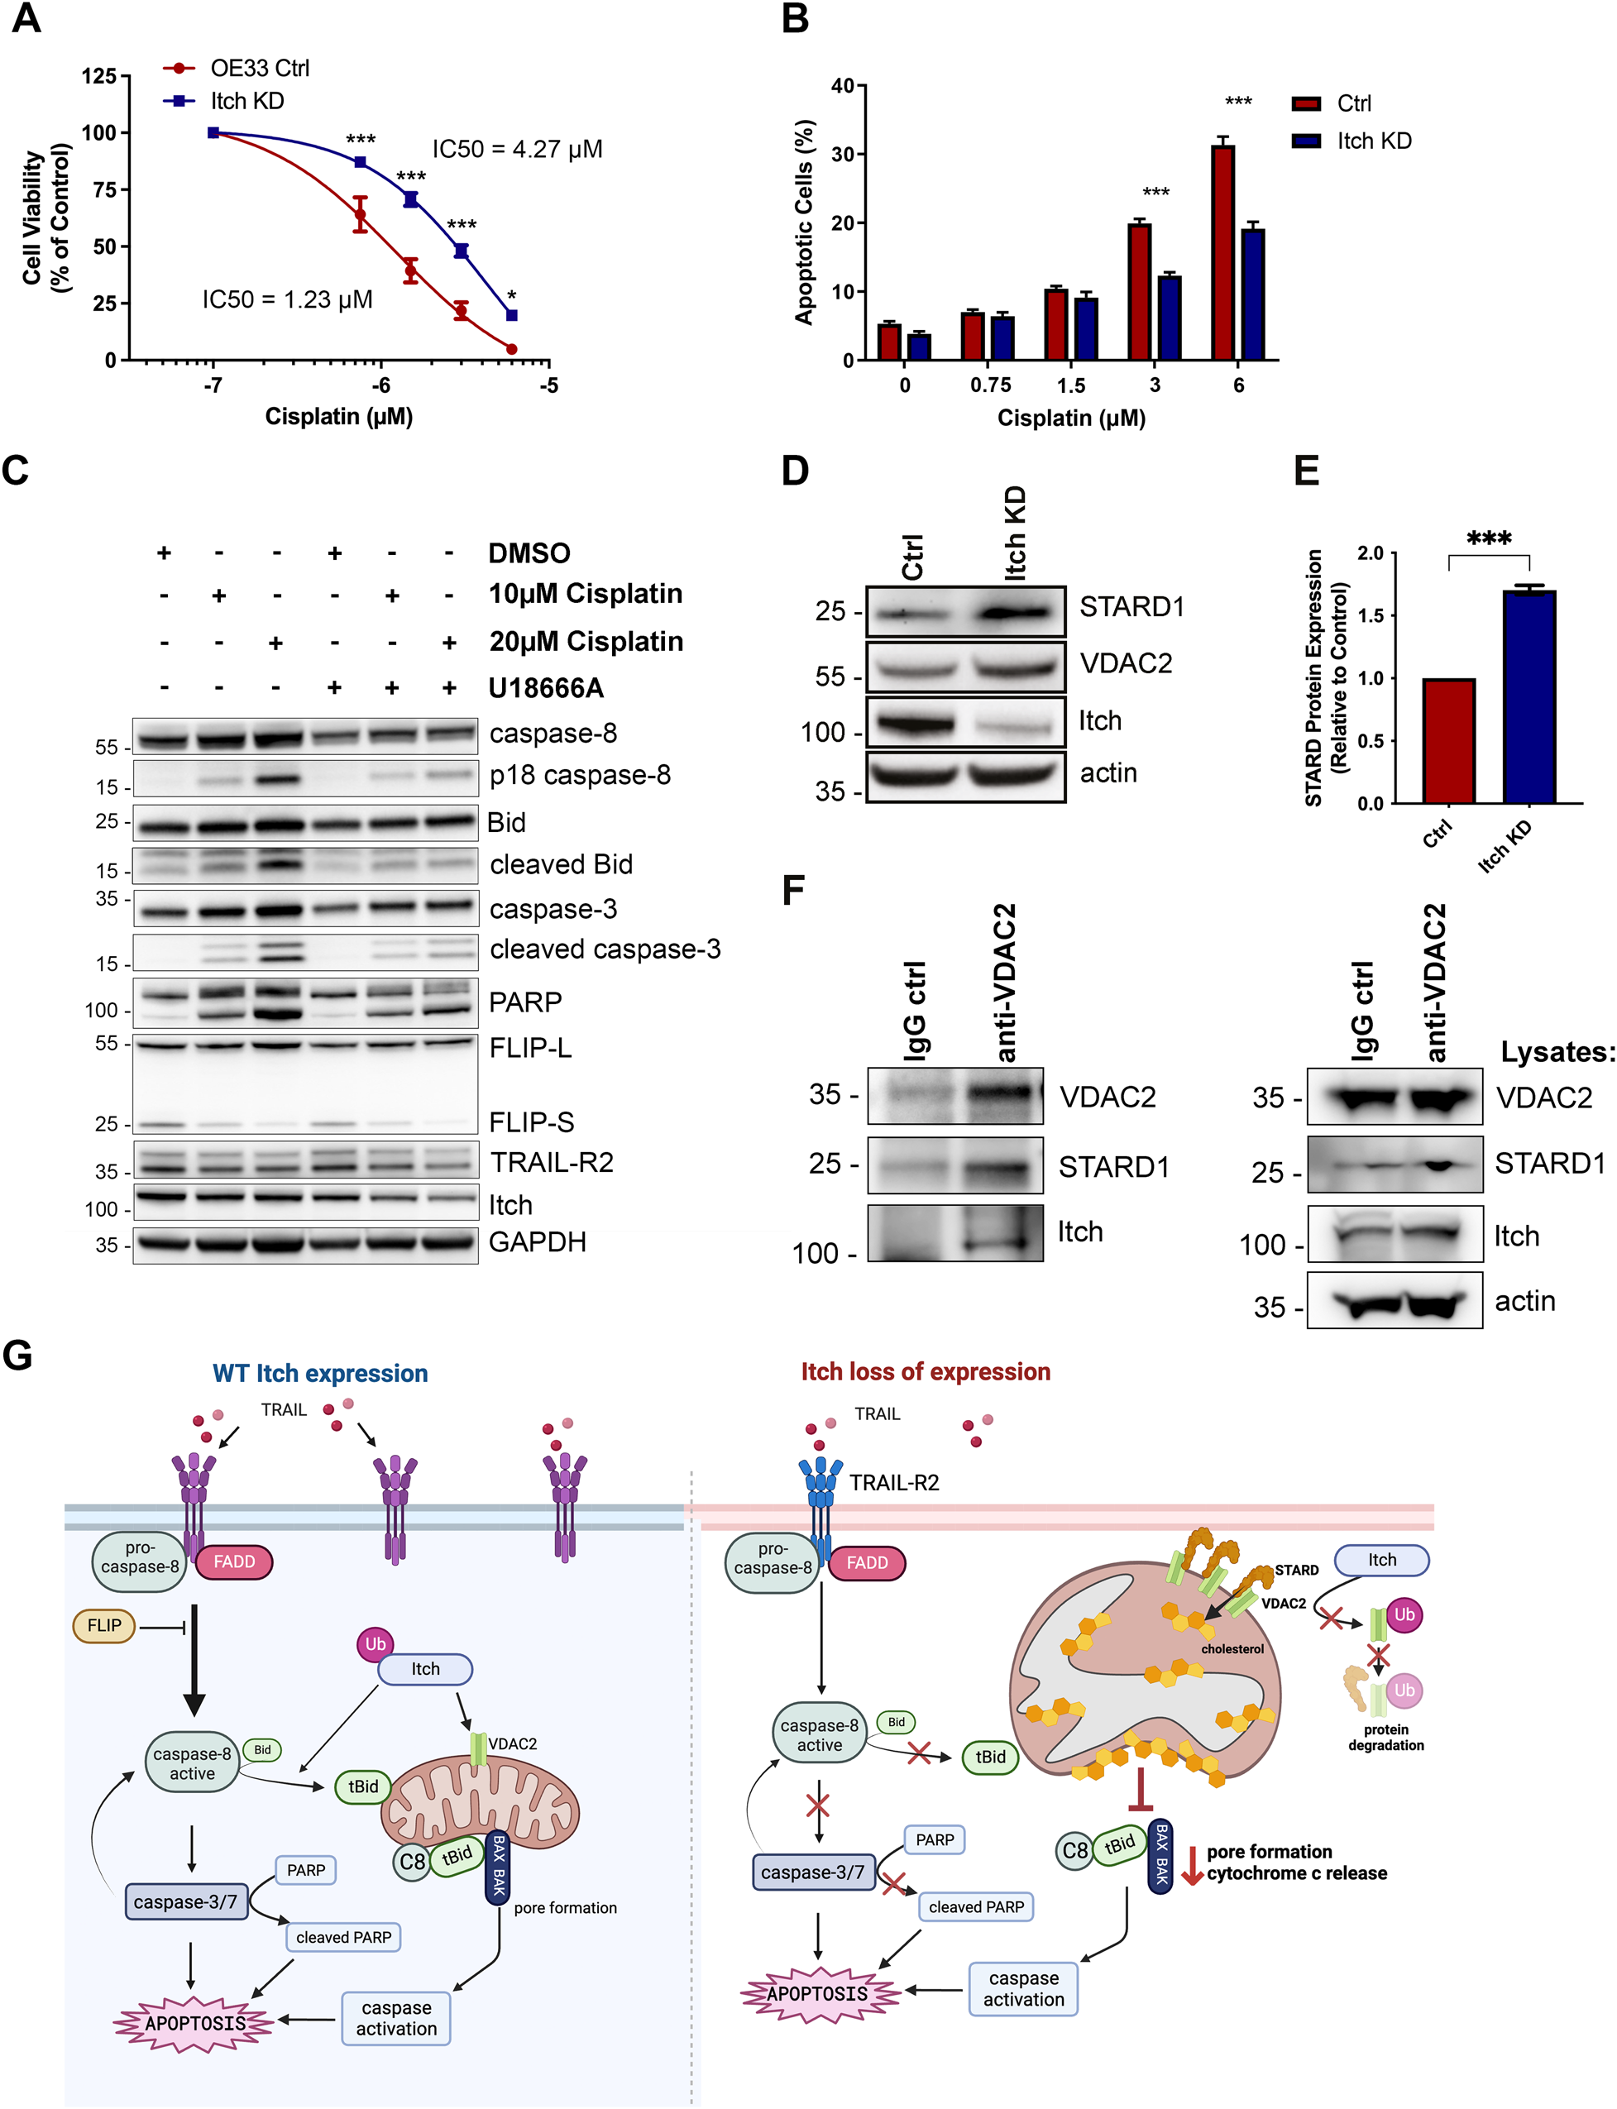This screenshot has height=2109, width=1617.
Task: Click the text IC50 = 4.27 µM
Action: click(517, 149)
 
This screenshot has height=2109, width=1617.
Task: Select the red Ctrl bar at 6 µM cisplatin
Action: click(1222, 252)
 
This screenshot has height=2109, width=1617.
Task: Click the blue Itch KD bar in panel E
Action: click(1528, 697)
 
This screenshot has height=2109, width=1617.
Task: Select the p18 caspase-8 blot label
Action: click(580, 775)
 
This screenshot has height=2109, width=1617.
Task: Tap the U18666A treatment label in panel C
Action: click(546, 688)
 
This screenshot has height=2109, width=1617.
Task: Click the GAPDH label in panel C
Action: click(537, 1241)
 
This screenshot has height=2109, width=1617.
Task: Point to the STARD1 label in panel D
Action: click(1131, 606)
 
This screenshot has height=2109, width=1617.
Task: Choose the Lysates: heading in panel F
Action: click(1557, 1052)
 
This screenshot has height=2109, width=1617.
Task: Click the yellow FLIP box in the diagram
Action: click(104, 1626)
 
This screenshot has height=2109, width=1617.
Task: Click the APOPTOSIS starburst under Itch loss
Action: click(817, 1993)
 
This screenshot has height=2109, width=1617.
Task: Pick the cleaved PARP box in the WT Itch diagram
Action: click(343, 1937)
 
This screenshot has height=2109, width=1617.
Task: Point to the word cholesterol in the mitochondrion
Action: click(1232, 1649)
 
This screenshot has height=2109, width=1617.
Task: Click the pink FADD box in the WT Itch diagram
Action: click(234, 1561)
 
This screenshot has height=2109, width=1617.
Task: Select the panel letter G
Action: click(17, 1356)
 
